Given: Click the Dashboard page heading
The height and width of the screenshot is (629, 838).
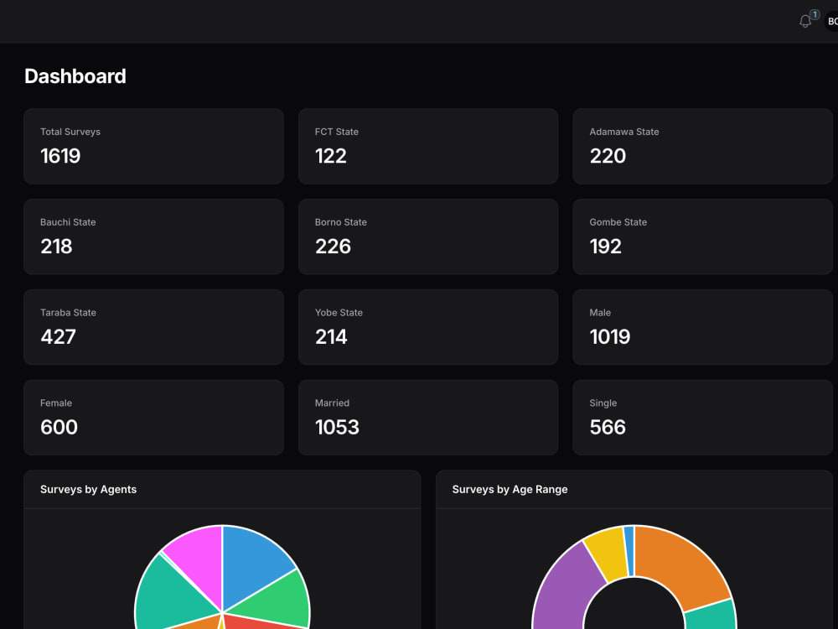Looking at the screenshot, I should click(x=75, y=76).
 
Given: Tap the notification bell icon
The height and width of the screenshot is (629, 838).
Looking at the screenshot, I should click(x=805, y=21).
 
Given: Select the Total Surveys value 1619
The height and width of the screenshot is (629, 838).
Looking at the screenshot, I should click(x=60, y=156).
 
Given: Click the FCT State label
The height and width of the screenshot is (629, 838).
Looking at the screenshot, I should click(x=336, y=132).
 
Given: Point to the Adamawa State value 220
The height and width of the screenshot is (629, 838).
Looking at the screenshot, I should click(x=608, y=156).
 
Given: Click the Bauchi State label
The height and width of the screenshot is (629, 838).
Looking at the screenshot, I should click(x=68, y=222).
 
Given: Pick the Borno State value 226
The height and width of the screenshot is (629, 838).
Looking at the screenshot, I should click(x=333, y=247).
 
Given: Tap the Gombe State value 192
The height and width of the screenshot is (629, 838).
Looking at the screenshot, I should click(x=605, y=247).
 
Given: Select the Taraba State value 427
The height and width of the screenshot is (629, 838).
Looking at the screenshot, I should click(x=58, y=337).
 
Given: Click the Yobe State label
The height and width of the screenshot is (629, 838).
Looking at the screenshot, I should click(x=339, y=313).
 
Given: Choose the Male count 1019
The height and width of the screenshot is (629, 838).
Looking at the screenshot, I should click(x=609, y=337).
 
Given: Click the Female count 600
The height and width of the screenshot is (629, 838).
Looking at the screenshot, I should click(x=59, y=428).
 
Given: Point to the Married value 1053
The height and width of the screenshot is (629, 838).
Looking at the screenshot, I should click(x=337, y=428).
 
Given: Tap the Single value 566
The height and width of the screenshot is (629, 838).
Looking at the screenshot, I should click(x=608, y=428).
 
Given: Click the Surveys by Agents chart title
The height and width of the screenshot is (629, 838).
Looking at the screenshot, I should click(x=88, y=489).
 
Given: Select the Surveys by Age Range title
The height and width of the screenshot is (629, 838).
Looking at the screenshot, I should click(x=510, y=489).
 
